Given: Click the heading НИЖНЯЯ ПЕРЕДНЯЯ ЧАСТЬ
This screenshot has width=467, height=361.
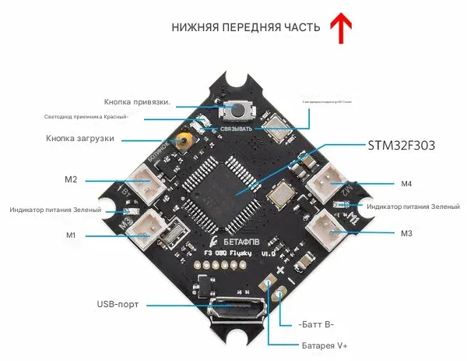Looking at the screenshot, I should (246, 28).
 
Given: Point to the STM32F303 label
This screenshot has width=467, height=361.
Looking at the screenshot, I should (400, 146).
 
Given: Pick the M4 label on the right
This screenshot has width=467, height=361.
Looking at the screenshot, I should (406, 184).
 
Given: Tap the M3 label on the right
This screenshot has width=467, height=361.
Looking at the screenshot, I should (406, 233).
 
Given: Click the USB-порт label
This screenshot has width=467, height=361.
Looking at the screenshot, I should (118, 304).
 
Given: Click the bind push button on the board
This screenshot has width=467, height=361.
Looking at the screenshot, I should (232, 112).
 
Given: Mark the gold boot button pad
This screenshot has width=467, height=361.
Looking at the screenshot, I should (184, 141).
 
